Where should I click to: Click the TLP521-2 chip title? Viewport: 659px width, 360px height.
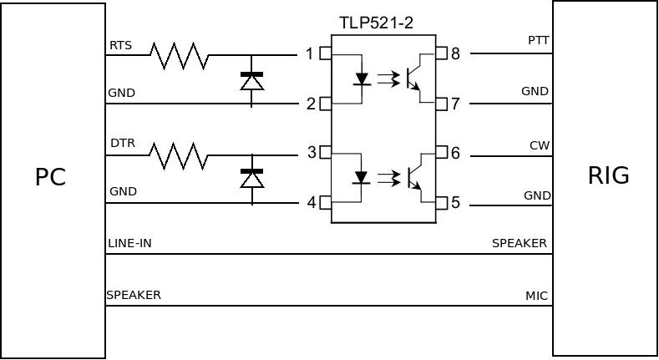click(376, 23)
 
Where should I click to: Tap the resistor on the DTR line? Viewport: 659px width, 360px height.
click(179, 155)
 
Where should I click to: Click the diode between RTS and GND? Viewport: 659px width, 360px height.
click(251, 81)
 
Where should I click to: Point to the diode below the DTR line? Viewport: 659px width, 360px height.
click(251, 179)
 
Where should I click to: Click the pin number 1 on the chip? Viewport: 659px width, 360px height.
click(310, 54)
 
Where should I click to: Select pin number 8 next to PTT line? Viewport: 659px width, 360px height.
click(455, 54)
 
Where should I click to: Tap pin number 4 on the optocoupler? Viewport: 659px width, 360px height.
click(311, 202)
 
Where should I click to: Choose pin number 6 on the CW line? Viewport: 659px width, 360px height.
click(455, 154)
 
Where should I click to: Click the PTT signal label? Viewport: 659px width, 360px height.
click(539, 40)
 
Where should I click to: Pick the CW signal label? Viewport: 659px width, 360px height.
click(540, 145)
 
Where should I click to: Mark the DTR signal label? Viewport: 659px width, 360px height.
click(123, 144)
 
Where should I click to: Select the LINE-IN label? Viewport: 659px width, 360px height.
click(129, 244)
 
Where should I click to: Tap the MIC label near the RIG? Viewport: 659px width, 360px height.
click(536, 296)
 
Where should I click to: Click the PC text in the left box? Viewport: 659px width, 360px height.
click(50, 177)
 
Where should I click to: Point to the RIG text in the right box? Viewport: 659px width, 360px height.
click(609, 175)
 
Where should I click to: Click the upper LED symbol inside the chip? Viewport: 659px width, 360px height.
click(361, 79)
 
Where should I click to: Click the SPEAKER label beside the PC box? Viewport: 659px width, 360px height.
click(134, 295)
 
